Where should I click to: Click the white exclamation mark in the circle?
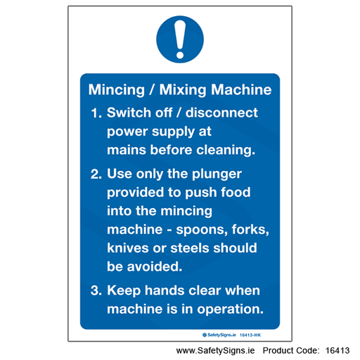point(180,39)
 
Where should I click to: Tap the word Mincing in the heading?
point(117,90)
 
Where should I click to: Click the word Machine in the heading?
point(241,89)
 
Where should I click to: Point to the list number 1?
point(96,113)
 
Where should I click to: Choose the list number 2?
point(96,174)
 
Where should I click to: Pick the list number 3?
point(96,290)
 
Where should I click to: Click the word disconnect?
point(221,112)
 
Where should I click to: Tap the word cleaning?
point(226,150)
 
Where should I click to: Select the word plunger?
point(217,174)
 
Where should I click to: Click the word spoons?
point(202,230)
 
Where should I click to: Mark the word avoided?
point(155,266)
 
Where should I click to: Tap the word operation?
point(230,309)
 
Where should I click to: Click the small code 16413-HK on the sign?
point(250,335)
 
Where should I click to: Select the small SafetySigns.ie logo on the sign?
point(219,335)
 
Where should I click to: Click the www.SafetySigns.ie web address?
point(215,351)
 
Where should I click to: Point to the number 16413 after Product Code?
point(337,351)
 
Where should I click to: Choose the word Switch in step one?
point(129,112)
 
